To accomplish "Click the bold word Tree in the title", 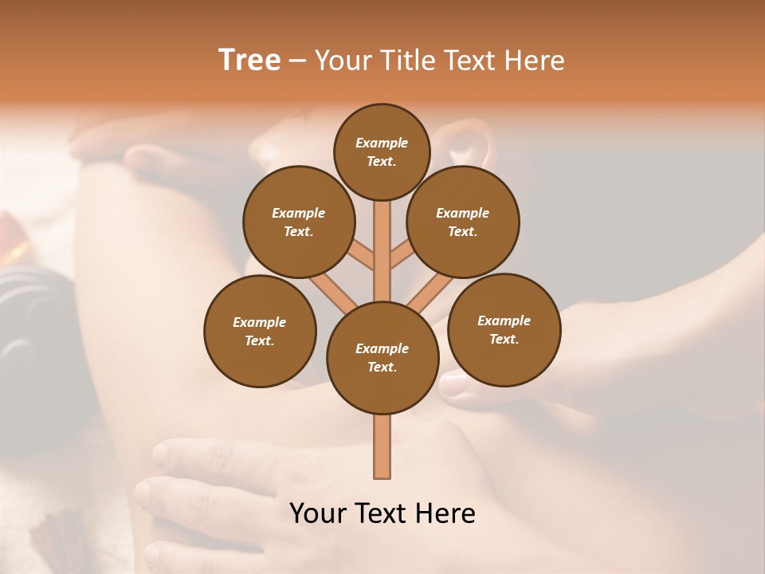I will click(249, 60).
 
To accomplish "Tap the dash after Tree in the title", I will click(297, 61).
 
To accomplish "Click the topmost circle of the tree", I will click(382, 151).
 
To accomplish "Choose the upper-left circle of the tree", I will click(299, 222).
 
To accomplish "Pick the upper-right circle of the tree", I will click(463, 222).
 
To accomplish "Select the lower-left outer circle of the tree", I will click(260, 331).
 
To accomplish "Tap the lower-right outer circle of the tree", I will click(504, 329).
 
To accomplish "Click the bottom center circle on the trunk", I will click(382, 357).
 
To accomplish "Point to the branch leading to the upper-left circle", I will click(363, 256).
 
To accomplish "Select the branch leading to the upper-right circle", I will click(402, 256).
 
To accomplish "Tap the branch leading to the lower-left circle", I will click(331, 291).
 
